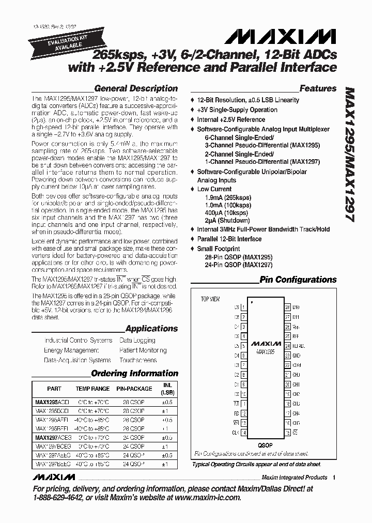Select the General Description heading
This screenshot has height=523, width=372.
point(136,88)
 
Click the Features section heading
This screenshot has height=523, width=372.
point(318,88)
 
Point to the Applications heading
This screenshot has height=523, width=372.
point(151,329)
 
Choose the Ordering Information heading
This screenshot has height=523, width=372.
point(134,373)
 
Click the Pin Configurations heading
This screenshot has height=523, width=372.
point(298,280)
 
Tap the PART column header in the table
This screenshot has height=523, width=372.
point(54,389)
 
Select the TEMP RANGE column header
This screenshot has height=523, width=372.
point(92,389)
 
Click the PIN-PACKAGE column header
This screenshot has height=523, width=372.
point(134,389)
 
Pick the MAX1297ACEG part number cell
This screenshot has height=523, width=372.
point(51,437)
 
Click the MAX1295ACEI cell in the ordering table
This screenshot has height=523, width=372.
point(51,402)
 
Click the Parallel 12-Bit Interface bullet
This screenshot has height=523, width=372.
point(229,239)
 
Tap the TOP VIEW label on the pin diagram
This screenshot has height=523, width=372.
point(210,299)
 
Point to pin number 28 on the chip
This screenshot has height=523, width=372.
point(287,307)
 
